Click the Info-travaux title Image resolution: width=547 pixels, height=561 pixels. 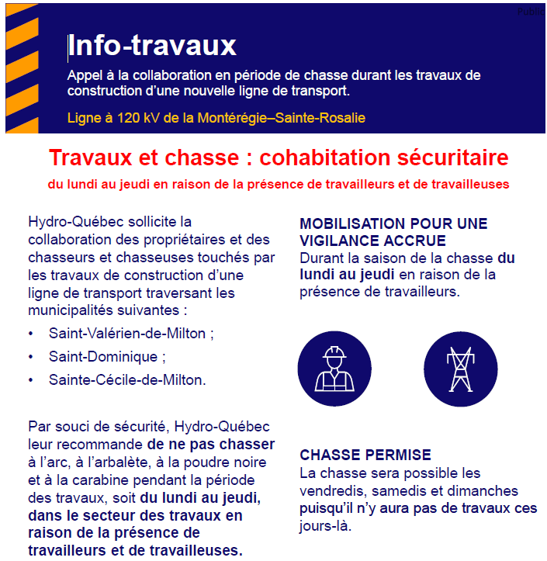pos(152,46)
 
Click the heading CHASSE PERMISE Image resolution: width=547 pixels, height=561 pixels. pos(365,455)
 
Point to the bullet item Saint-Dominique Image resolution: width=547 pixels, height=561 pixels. pos(107,357)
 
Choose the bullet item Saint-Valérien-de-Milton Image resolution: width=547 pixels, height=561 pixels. pos(130,334)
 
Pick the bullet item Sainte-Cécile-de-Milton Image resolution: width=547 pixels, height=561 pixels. pos(127,380)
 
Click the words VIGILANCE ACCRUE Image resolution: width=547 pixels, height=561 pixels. pos(372,241)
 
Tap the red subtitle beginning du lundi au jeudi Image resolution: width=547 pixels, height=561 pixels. pos(279,185)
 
